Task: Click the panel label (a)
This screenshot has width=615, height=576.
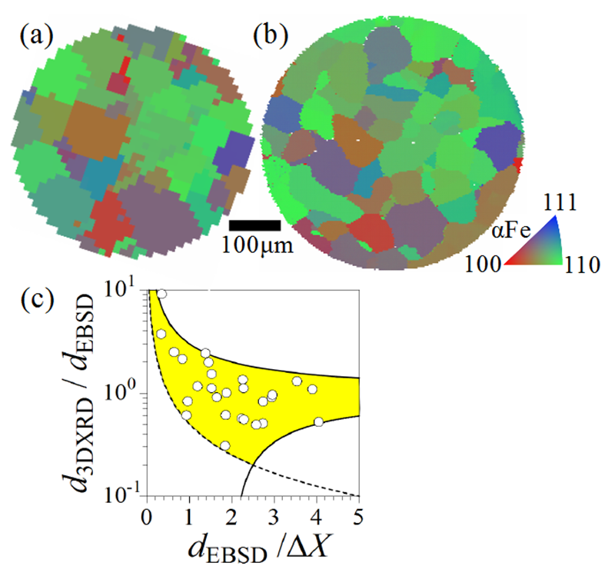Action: point(37,35)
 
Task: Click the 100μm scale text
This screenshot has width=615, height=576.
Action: point(258,246)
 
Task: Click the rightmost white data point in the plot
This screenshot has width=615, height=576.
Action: point(318,421)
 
